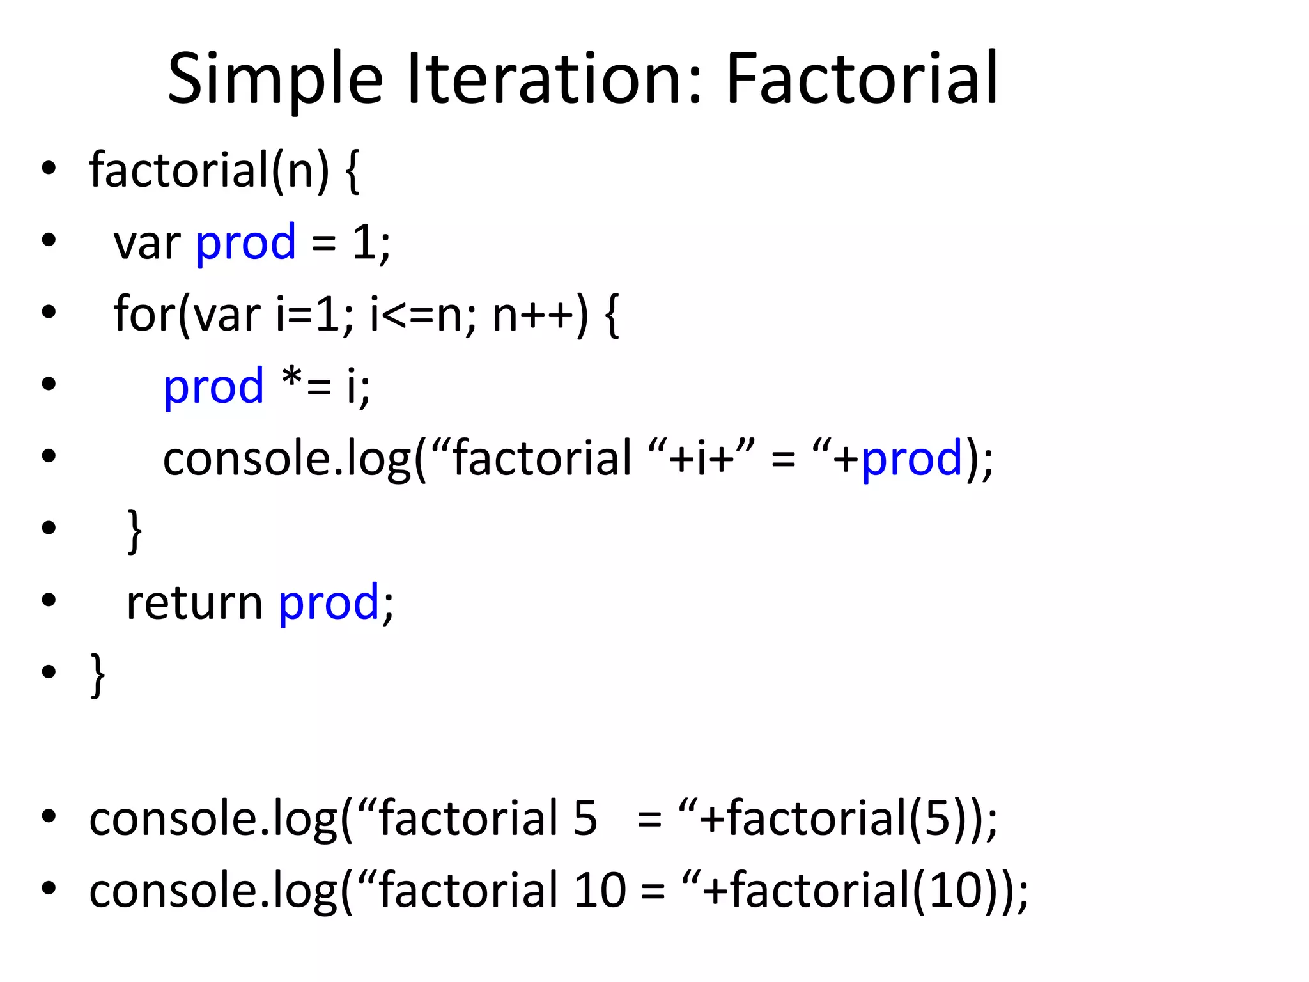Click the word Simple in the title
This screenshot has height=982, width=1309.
click(275, 80)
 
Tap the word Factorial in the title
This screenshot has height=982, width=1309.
click(862, 80)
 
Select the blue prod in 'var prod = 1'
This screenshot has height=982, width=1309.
click(245, 244)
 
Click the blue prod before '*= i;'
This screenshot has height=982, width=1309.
click(213, 387)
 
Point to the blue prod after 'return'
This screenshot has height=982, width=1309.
click(329, 603)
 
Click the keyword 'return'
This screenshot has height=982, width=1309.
click(194, 603)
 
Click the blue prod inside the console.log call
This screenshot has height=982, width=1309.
click(911, 459)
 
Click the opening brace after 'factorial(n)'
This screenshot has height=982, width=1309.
click(352, 171)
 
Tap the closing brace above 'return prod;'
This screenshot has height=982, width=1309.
click(134, 531)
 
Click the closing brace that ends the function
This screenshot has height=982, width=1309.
click(98, 674)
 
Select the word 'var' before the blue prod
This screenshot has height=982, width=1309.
click(147, 244)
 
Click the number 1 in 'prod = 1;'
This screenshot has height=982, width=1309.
click(364, 242)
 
